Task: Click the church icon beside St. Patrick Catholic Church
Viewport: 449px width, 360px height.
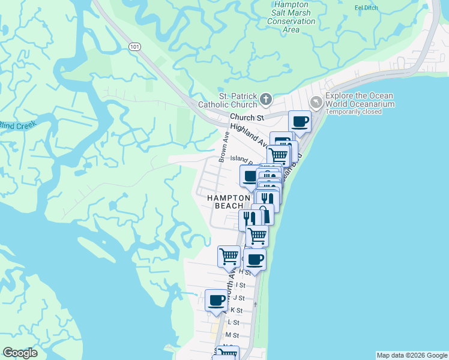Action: (x=265, y=98)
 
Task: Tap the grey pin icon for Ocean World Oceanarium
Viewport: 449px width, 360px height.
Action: (x=316, y=103)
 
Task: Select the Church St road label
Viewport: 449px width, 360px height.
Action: (x=246, y=118)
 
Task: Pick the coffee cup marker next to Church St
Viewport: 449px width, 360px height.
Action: (x=300, y=122)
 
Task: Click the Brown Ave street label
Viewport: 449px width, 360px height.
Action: (x=224, y=148)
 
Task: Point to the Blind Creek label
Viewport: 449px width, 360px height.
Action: (x=17, y=125)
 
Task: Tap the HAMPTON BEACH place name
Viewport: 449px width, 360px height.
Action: (x=229, y=202)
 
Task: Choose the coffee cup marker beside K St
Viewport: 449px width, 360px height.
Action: (x=216, y=300)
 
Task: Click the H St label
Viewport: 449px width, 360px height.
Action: (x=244, y=272)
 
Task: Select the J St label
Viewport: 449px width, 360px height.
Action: (x=239, y=298)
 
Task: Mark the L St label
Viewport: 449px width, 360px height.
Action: (x=234, y=322)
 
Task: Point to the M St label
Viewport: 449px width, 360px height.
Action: (x=232, y=335)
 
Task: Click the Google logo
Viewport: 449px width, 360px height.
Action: (x=20, y=353)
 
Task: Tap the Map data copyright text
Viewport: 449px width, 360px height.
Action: (x=411, y=355)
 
